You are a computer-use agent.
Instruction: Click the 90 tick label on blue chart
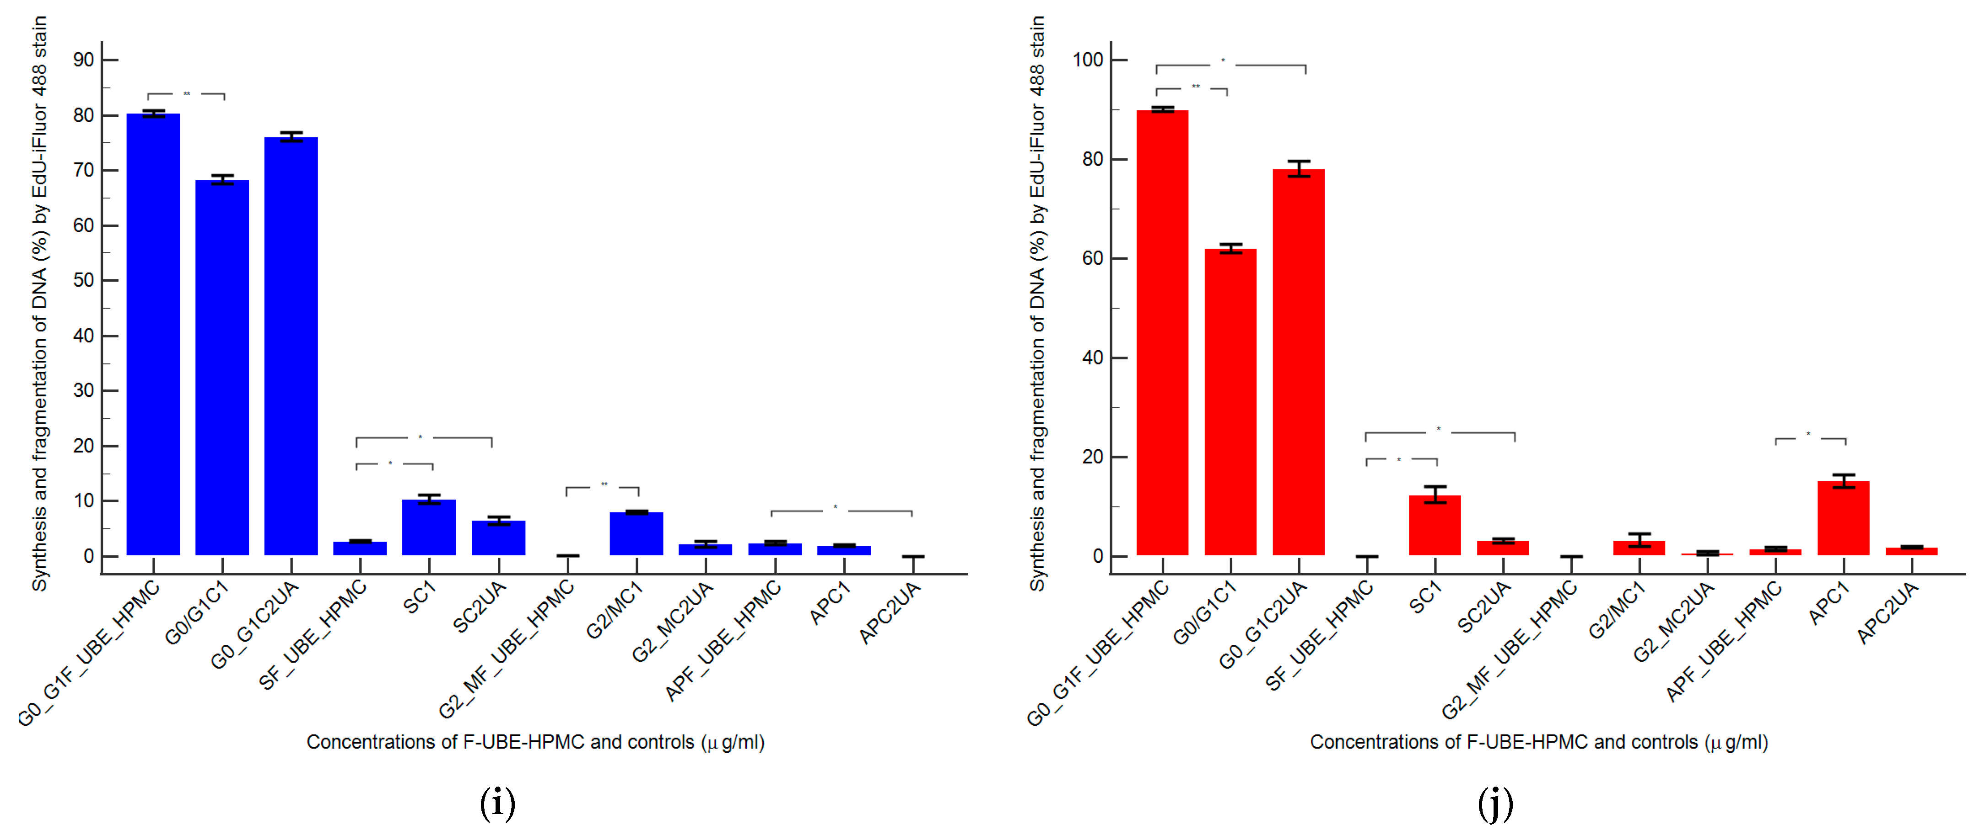[x=83, y=60]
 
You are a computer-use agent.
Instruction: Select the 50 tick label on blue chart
[x=83, y=281]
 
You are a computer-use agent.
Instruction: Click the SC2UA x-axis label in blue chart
[x=479, y=607]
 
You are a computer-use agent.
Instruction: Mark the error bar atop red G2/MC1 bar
[x=1639, y=539]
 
